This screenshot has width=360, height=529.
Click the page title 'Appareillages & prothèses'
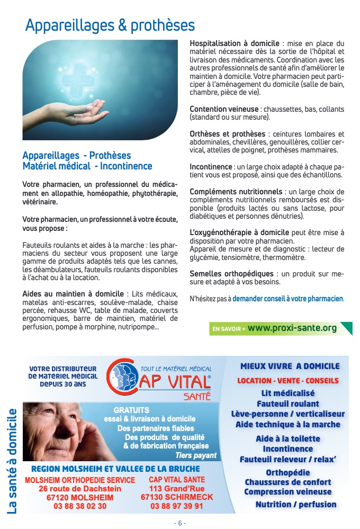pos(110,25)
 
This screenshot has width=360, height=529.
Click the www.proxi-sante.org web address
pos(292,328)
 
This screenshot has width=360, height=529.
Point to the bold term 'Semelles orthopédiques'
pos(231,273)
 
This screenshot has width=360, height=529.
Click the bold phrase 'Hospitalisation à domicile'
pos(235,43)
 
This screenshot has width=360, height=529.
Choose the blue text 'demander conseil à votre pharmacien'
pos(287,299)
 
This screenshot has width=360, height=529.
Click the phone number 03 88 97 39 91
pos(177,506)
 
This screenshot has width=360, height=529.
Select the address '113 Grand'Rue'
pos(177,489)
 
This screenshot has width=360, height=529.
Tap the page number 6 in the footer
pos(180,523)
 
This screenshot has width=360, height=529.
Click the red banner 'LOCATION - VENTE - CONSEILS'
pos(288,381)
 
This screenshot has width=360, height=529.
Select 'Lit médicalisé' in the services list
pos(288,393)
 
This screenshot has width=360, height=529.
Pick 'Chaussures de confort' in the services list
pos(288,482)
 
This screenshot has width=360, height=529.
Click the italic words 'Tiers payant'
pos(196,455)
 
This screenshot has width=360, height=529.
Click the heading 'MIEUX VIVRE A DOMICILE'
pos(290,366)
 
